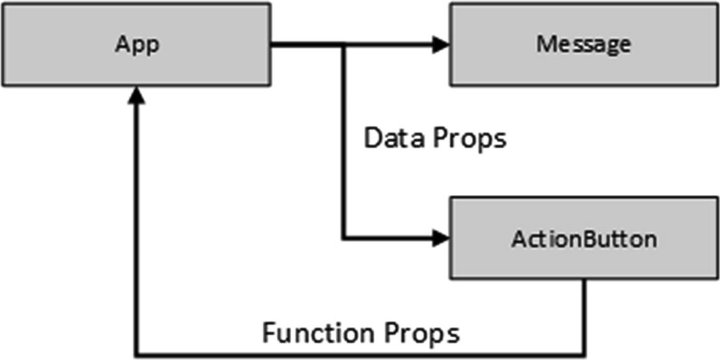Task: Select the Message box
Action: [584, 45]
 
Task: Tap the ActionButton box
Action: [584, 238]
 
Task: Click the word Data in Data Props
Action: [390, 138]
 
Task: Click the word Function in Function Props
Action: [311, 333]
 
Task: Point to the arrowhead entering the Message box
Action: [442, 45]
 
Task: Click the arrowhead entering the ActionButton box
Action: [442, 238]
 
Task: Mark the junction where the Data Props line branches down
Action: [344, 45]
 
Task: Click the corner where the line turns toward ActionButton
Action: [344, 238]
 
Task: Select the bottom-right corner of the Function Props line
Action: [585, 354]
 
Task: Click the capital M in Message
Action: [545, 45]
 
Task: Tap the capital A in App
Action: [122, 45]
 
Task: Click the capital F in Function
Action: [269, 333]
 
